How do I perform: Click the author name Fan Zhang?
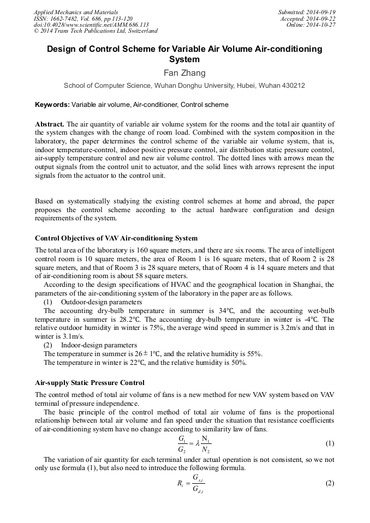(184, 73)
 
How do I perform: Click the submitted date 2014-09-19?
(321, 12)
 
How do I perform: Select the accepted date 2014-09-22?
(321, 19)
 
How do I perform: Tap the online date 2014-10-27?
(321, 25)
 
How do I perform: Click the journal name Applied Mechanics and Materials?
(75, 12)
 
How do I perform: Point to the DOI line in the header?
(91, 25)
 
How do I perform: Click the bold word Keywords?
(52, 105)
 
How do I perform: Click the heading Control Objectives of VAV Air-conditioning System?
(116, 238)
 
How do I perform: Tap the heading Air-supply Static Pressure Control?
(89, 383)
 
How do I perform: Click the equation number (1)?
(330, 443)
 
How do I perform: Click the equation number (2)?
(330, 483)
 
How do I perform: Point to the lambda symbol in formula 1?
(198, 443)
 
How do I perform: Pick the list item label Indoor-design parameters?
(99, 345)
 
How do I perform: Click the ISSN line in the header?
(83, 19)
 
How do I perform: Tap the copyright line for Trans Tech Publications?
(96, 32)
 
